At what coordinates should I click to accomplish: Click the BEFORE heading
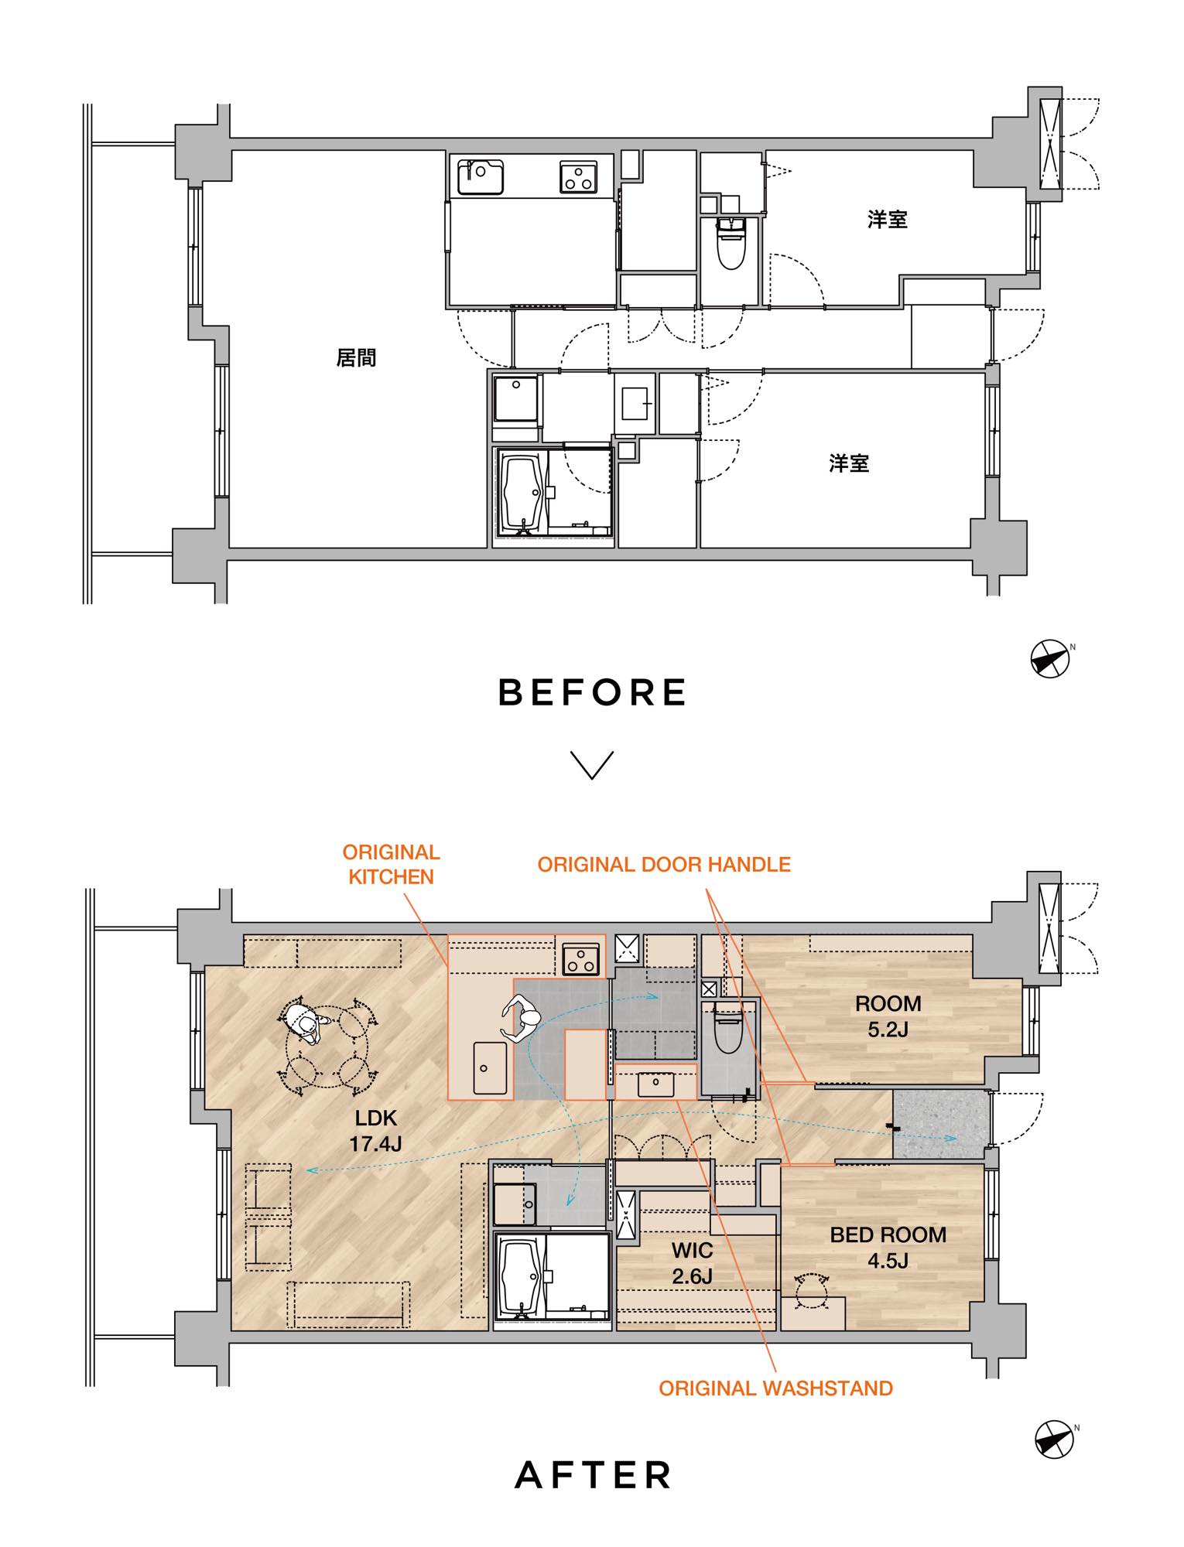592,692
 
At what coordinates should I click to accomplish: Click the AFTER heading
593,1475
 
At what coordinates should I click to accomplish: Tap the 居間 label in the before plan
356,357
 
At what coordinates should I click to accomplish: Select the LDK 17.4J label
375,1130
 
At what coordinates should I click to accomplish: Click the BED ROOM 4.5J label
888,1248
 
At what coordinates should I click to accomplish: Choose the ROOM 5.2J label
888,1016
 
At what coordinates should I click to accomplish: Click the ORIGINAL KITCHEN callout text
391,864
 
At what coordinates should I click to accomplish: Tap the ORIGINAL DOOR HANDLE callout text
664,864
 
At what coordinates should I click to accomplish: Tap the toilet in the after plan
728,1027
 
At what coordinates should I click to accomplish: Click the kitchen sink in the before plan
481,177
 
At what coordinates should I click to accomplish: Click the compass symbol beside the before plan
1051,659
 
